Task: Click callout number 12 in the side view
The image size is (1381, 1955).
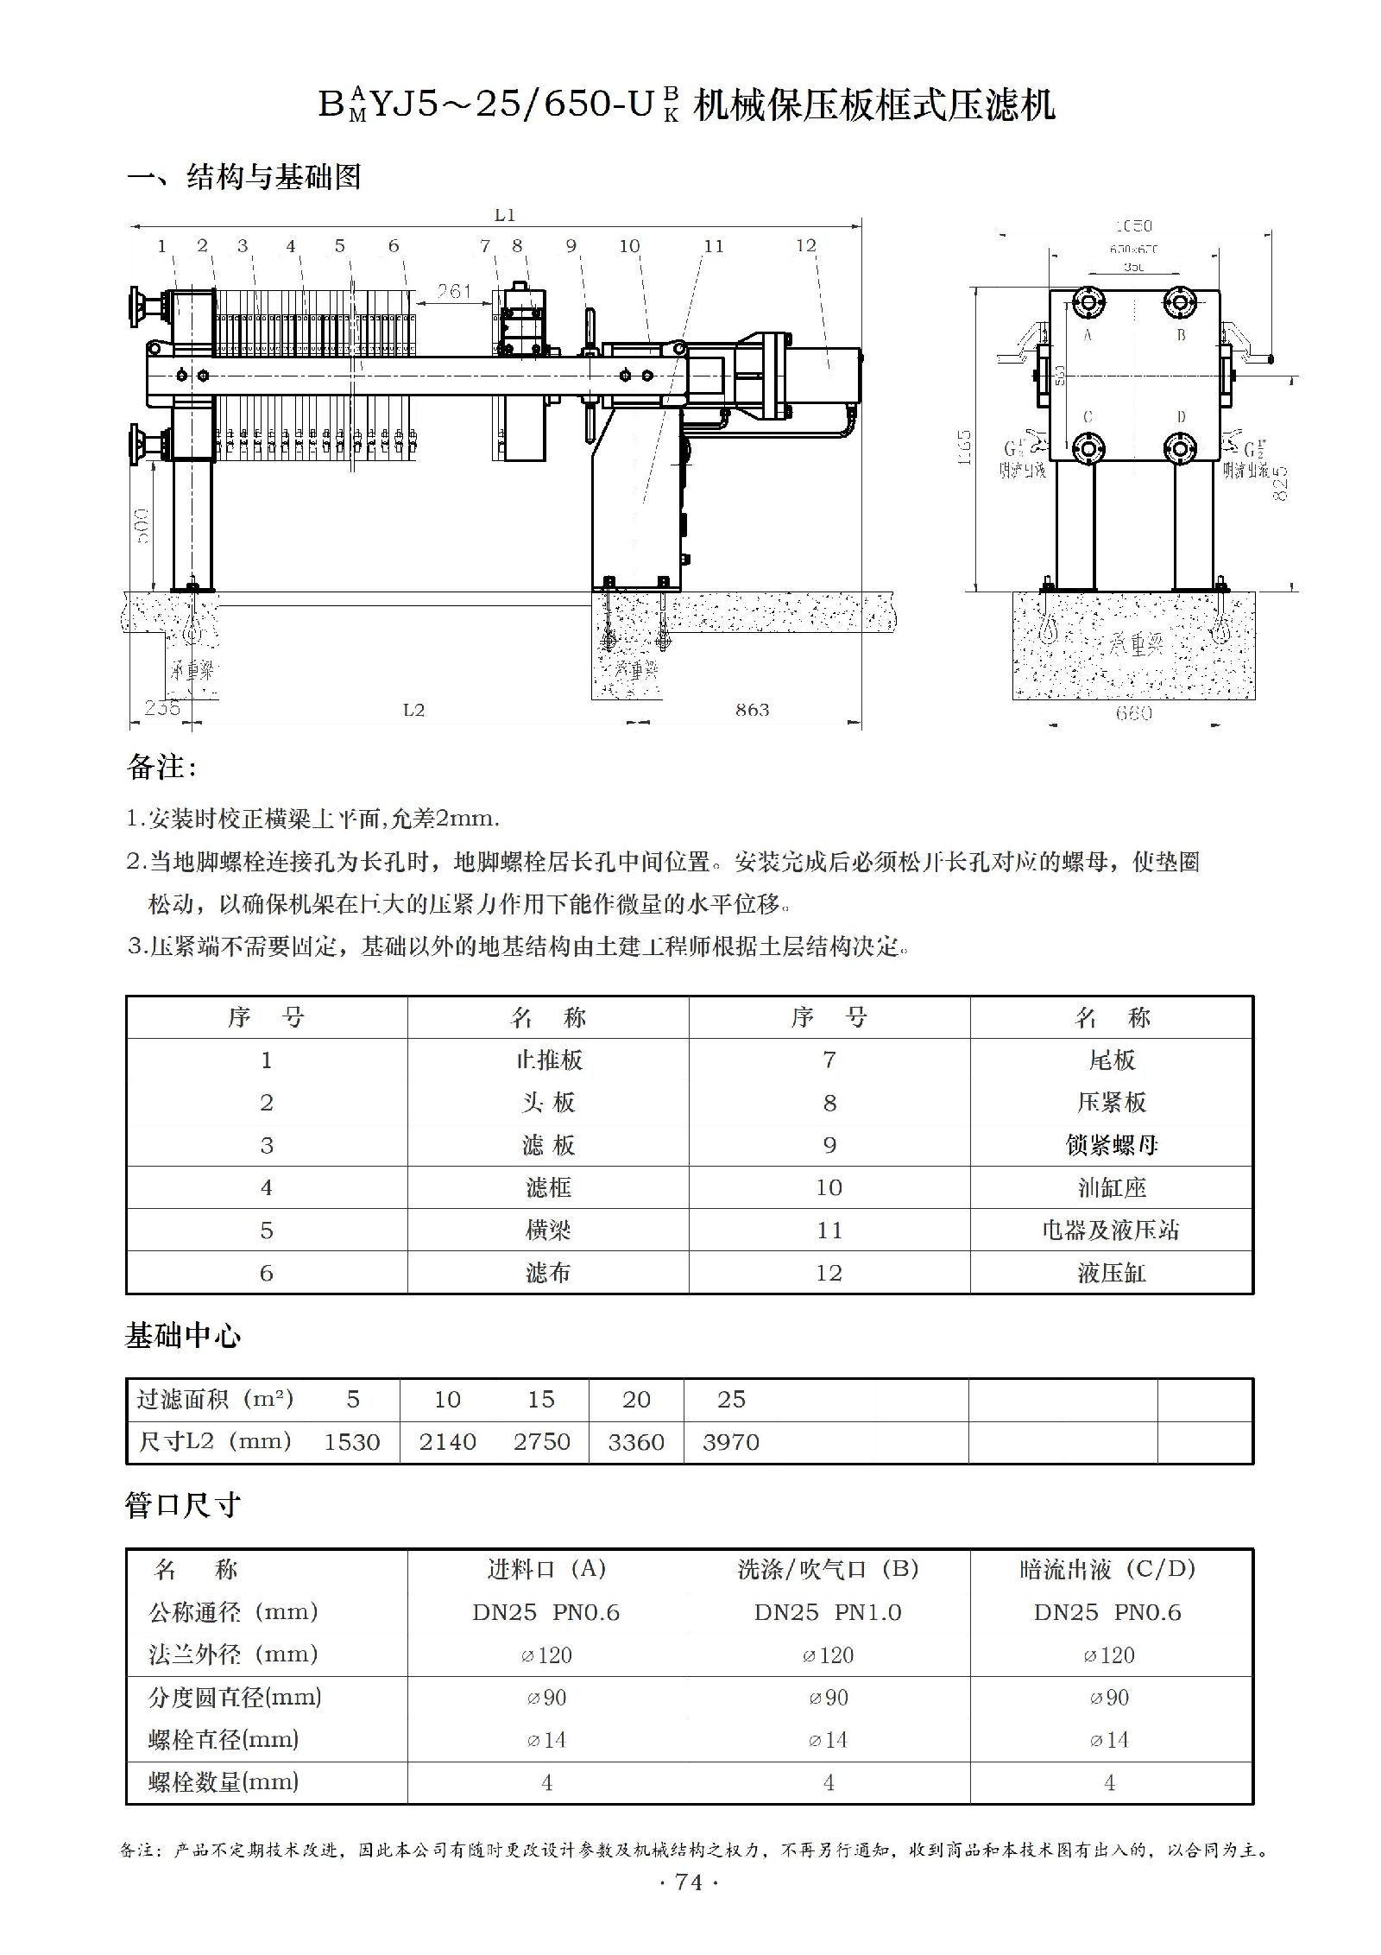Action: pyautogui.click(x=805, y=246)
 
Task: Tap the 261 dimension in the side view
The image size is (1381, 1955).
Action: pyautogui.click(x=454, y=292)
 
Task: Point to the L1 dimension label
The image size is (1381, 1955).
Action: pyautogui.click(x=504, y=215)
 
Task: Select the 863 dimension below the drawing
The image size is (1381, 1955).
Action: pyautogui.click(x=752, y=710)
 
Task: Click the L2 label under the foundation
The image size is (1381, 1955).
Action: pyautogui.click(x=413, y=710)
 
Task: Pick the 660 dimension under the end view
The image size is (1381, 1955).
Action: pyautogui.click(x=1133, y=713)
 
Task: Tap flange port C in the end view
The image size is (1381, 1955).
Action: pyautogui.click(x=1087, y=448)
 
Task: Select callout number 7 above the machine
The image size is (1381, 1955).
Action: pyautogui.click(x=485, y=246)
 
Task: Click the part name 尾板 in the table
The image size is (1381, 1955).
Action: pyautogui.click(x=1112, y=1060)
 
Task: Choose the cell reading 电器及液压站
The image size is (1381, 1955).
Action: pyautogui.click(x=1111, y=1230)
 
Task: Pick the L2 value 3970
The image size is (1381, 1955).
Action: pyautogui.click(x=730, y=1442)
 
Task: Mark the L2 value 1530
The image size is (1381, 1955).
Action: pyautogui.click(x=351, y=1442)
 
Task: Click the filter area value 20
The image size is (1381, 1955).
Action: pyautogui.click(x=636, y=1400)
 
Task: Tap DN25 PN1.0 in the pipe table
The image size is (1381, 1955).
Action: pyautogui.click(x=828, y=1612)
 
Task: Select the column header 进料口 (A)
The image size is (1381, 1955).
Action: pyautogui.click(x=546, y=1569)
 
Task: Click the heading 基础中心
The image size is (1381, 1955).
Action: pyautogui.click(x=183, y=1336)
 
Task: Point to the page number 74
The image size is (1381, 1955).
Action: pyautogui.click(x=689, y=1882)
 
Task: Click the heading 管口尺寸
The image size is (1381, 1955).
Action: pyautogui.click(x=183, y=1505)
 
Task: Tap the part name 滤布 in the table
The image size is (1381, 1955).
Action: pyautogui.click(x=548, y=1273)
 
